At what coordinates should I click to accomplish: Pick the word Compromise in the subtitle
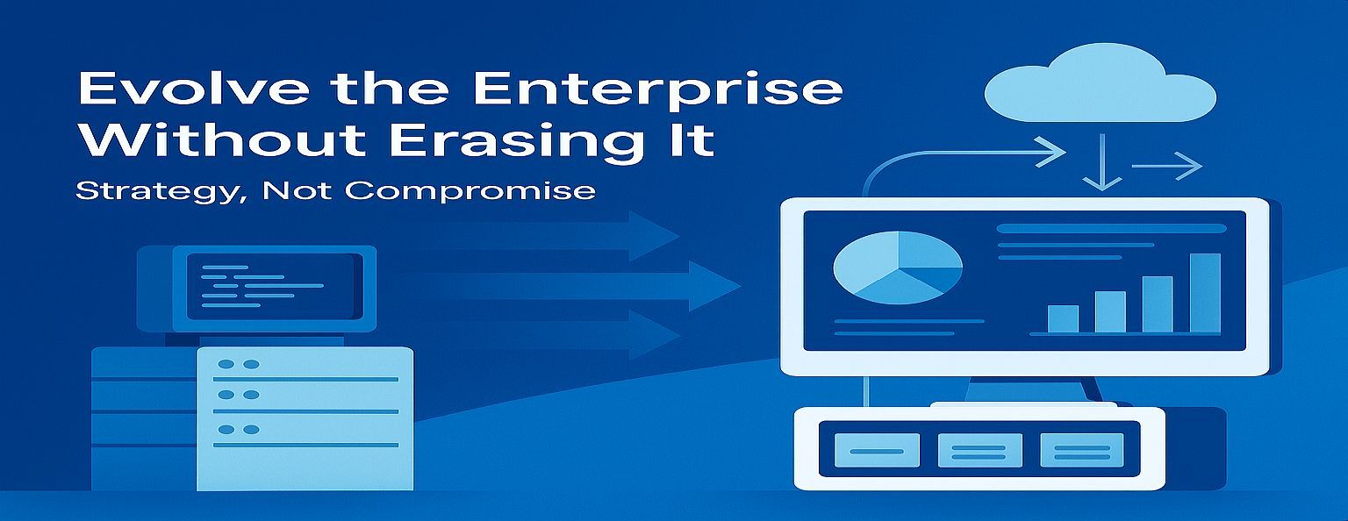pyautogui.click(x=470, y=192)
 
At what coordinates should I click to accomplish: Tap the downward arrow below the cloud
pyautogui.click(x=1102, y=161)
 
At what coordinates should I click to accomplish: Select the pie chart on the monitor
pyautogui.click(x=898, y=268)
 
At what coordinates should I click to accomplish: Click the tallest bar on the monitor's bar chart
pyautogui.click(x=1205, y=293)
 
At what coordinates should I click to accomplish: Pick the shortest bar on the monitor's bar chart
pyautogui.click(x=1063, y=319)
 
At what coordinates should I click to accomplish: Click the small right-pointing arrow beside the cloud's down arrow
pyautogui.click(x=1167, y=166)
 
